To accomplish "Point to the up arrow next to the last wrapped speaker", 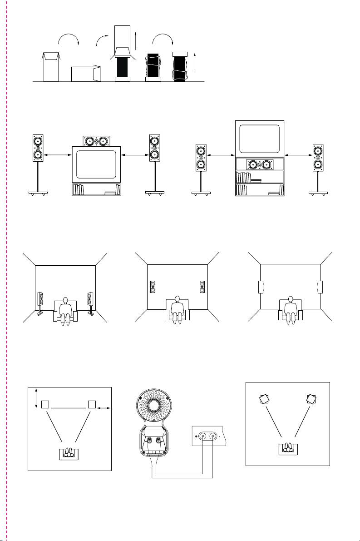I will pyautogui.click(x=194, y=61).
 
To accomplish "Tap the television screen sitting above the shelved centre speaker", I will pyautogui.click(x=260, y=138).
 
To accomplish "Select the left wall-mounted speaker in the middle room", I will pyautogui.click(x=153, y=287).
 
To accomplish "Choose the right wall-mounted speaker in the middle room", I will pyautogui.click(x=202, y=287).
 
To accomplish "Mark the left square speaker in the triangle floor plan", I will pyautogui.click(x=44, y=404).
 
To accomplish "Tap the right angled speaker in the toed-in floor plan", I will pyautogui.click(x=311, y=399).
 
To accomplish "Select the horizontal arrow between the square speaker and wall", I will pyautogui.click(x=104, y=409).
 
